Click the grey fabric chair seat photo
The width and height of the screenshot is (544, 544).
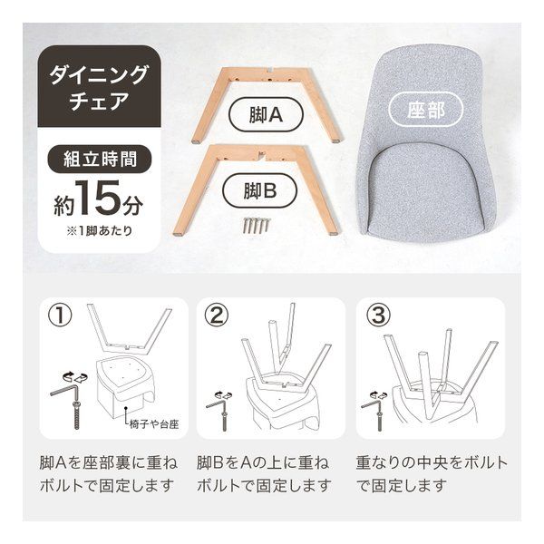click(x=423, y=154)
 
